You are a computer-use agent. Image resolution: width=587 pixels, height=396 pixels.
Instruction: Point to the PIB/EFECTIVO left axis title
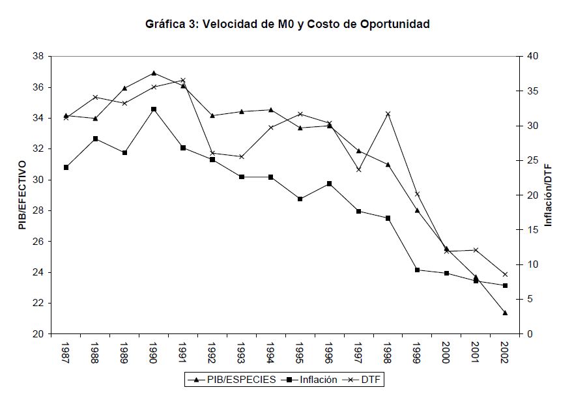(x=23, y=195)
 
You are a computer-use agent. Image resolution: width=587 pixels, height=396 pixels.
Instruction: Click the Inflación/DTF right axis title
(x=548, y=195)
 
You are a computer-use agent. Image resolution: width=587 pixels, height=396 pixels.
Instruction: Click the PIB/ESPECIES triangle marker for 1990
(x=154, y=73)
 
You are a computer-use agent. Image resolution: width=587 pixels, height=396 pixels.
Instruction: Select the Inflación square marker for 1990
(x=154, y=109)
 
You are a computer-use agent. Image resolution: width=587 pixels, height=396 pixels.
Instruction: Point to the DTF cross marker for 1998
(x=387, y=114)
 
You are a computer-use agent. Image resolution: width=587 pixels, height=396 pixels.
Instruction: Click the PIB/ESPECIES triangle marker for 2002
(x=504, y=313)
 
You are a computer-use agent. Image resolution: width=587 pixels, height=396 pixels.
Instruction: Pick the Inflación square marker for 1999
(x=417, y=270)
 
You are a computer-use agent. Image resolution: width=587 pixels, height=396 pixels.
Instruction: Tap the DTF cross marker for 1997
(x=358, y=169)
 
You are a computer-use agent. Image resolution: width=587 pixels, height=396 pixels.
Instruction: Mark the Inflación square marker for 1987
(x=66, y=167)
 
